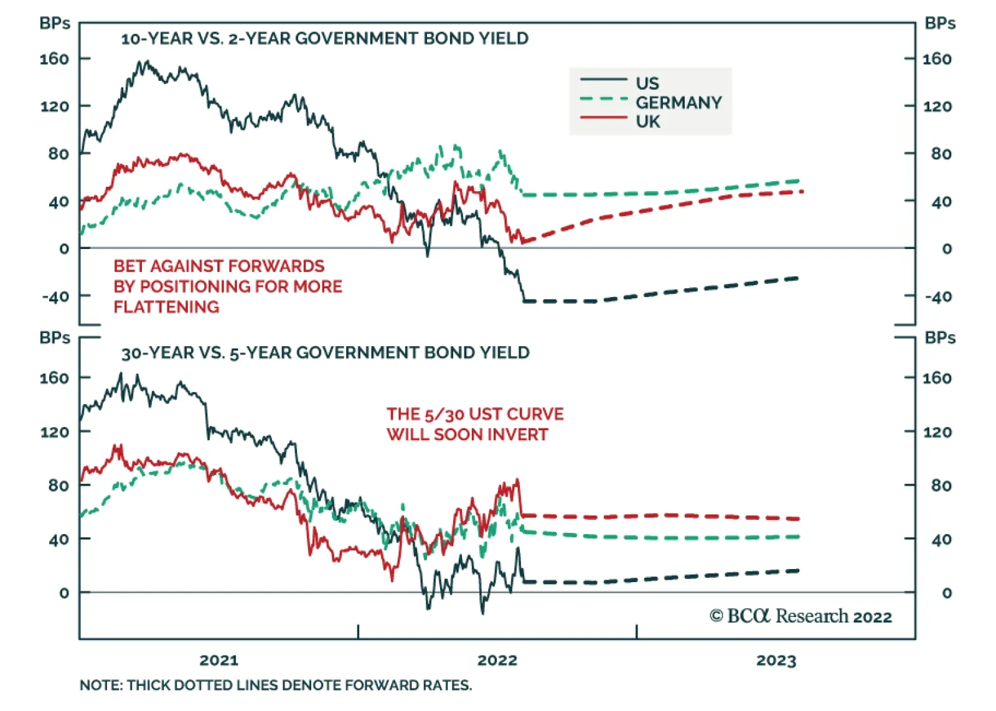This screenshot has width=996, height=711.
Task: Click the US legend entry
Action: [x=647, y=83]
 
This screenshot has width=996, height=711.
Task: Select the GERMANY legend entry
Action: [x=678, y=102]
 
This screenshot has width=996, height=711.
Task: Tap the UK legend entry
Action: [x=647, y=121]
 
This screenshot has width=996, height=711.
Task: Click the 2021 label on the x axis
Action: [x=218, y=660]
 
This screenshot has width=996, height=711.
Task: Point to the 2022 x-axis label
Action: [x=497, y=660]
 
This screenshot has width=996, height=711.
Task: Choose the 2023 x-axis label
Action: [x=776, y=660]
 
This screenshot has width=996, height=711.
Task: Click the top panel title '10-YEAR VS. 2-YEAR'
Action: [x=324, y=39]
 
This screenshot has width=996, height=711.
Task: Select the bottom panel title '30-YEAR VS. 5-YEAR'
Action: [x=325, y=353]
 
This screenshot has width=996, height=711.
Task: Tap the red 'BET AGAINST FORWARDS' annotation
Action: [x=218, y=266]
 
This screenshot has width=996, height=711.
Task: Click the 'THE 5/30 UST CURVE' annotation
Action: [x=474, y=414]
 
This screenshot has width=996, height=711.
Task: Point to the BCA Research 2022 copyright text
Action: [x=801, y=616]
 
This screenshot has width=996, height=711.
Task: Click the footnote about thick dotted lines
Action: [x=276, y=685]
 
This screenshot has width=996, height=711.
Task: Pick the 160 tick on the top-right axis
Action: [x=937, y=59]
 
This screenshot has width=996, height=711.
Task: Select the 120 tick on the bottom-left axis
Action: [x=55, y=432]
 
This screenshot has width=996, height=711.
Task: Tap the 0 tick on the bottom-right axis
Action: [x=946, y=593]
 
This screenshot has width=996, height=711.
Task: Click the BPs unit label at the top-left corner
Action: [x=55, y=23]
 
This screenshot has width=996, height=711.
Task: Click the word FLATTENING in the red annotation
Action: [x=166, y=307]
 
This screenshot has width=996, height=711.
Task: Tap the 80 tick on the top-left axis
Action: [x=59, y=154]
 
